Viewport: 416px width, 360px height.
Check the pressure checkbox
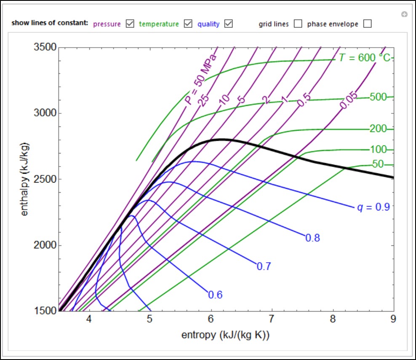coord(131,24)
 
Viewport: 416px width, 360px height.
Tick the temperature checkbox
coord(188,24)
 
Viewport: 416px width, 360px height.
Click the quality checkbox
coord(229,24)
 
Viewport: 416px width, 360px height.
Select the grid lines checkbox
coord(298,24)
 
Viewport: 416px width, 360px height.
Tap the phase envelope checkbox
coord(367,24)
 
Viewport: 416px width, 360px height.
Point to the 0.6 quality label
coord(215,295)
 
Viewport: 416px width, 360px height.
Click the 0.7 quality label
coord(264,266)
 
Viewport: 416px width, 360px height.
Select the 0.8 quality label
coord(312,238)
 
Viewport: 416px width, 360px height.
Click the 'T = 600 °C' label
coord(364,58)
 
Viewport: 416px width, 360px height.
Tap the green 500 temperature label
coord(378,97)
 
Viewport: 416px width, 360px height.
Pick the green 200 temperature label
coord(378,129)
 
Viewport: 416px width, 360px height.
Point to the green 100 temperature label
coord(378,150)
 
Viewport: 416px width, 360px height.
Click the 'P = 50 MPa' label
coord(200,79)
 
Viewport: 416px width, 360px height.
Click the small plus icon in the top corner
coord(404,15)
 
